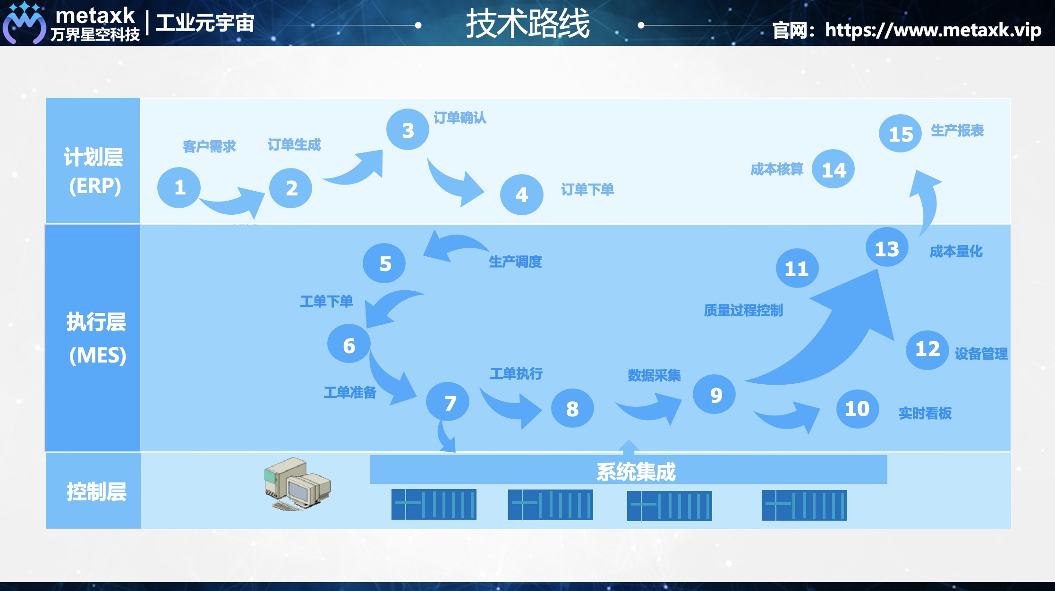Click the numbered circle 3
(x=408, y=130)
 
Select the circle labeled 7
(x=448, y=402)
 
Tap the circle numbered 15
(x=900, y=134)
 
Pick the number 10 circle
(x=857, y=409)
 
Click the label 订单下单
(x=587, y=190)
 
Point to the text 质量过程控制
(x=743, y=310)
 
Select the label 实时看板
(x=925, y=413)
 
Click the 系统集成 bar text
(x=636, y=471)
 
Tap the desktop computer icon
(x=297, y=483)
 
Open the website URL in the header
(x=932, y=30)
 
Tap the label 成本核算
(x=776, y=169)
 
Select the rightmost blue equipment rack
(x=804, y=505)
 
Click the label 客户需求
(x=209, y=146)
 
